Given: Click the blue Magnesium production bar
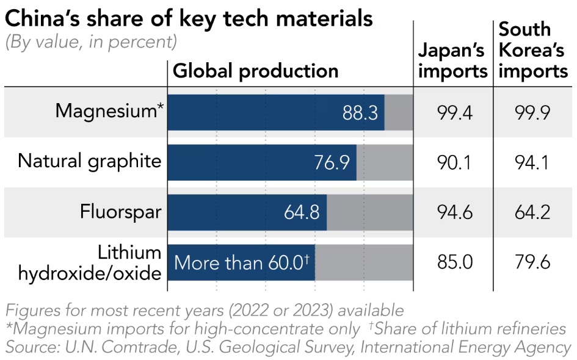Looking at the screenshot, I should [256, 112].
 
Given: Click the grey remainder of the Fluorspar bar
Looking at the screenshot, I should [370, 212].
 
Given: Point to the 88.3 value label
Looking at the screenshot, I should [360, 113].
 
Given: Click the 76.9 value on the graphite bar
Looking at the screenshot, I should [332, 163].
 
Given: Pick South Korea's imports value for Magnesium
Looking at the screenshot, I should [533, 112].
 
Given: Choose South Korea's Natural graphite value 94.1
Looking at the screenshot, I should [533, 162].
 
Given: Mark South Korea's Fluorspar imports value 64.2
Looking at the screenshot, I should [533, 212].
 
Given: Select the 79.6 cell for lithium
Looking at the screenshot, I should [533, 262].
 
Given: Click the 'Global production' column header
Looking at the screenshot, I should [256, 71].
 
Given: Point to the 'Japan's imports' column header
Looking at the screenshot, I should [452, 60].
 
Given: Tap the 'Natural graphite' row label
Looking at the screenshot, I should [90, 161].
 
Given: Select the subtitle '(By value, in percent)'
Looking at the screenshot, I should [91, 42].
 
